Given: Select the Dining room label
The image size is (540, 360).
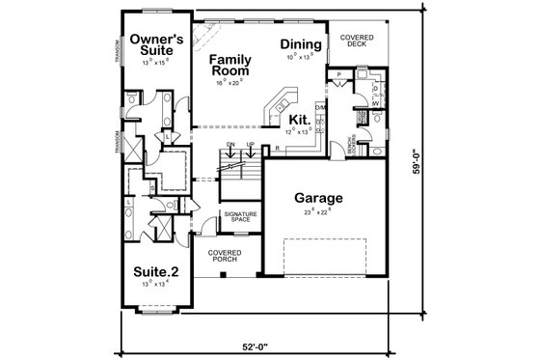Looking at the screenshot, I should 299,45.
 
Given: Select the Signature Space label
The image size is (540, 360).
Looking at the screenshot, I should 236,217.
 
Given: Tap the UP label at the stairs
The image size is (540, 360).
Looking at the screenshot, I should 251,145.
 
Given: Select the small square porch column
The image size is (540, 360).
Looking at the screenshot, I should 224,274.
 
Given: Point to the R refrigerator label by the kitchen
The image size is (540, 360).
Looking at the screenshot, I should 277,148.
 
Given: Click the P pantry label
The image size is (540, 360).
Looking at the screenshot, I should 339,73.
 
